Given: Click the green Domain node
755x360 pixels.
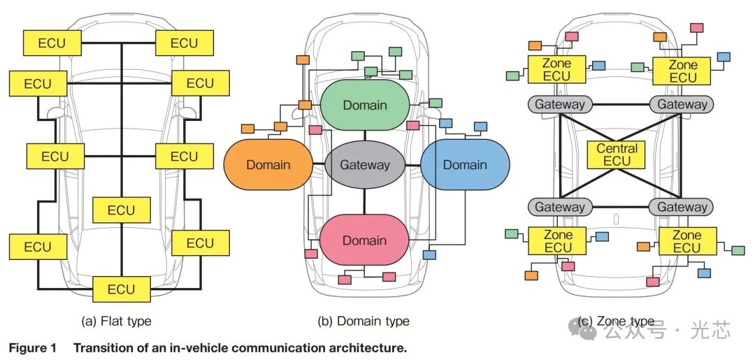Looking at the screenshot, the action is point(365,105).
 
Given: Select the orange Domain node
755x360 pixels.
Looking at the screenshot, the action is point(268,164).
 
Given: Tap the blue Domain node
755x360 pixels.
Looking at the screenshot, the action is point(465,164).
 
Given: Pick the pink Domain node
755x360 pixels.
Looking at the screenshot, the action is point(364,240).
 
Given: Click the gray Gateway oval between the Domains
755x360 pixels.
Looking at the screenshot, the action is point(365,165).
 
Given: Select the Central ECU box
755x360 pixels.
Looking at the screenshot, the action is point(617,154).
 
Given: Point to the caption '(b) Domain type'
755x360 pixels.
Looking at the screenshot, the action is point(364,321).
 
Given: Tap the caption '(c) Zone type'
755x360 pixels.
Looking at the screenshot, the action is point(616,321).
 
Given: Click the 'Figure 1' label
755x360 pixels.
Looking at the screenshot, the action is point(33,347).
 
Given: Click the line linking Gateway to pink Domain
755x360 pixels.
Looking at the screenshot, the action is point(364,201).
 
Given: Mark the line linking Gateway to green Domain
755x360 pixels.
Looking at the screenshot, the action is point(364,136).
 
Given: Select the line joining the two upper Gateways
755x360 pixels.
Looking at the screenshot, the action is point(617,104).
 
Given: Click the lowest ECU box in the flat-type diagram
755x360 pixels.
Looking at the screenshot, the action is point(122,289).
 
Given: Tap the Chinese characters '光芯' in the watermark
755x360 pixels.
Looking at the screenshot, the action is point(711,330).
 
